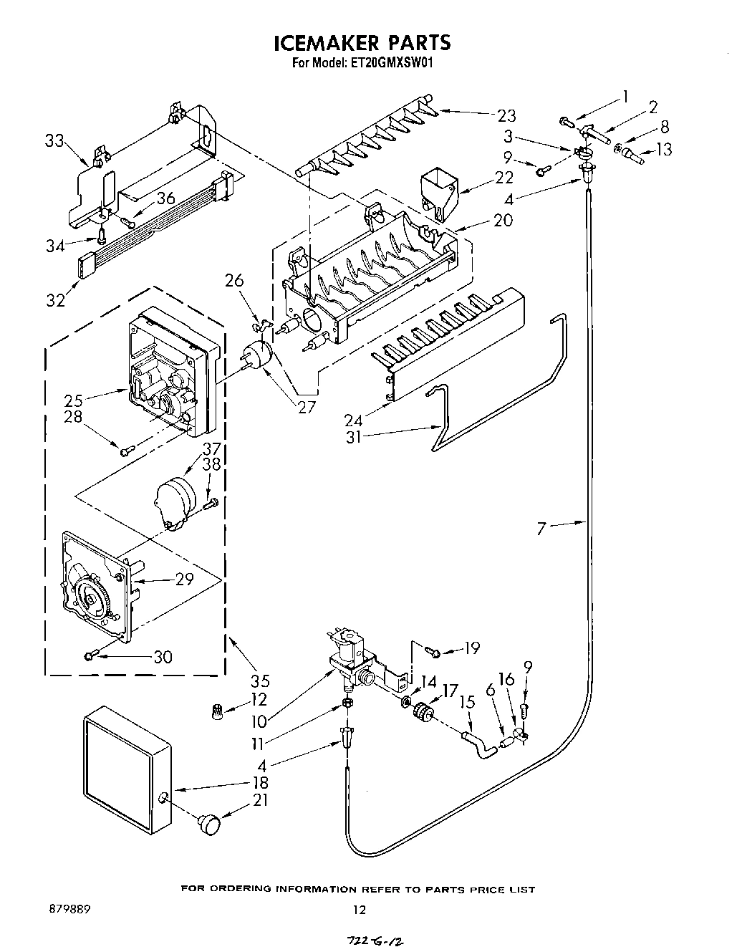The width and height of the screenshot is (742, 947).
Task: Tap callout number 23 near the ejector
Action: click(506, 115)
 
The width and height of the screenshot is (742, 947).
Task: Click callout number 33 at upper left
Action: click(54, 142)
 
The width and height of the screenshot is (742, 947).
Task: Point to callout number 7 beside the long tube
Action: click(542, 529)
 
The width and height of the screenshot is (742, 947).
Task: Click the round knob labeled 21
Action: click(209, 823)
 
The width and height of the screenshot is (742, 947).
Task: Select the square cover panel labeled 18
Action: click(125, 768)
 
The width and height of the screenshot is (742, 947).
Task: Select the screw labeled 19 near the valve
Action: click(432, 650)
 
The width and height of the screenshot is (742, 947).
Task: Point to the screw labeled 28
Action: click(126, 450)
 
